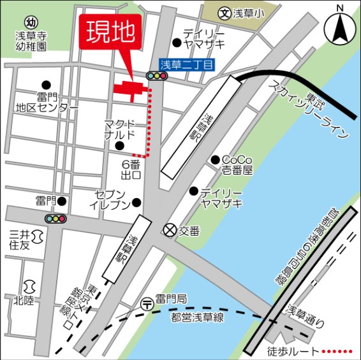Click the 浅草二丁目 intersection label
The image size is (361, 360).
188,63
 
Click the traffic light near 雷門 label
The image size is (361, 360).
55,219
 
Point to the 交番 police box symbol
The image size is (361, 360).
170,229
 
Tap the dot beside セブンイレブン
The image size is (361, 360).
136,204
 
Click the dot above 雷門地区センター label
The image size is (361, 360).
45,85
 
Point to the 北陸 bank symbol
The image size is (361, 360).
27,286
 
